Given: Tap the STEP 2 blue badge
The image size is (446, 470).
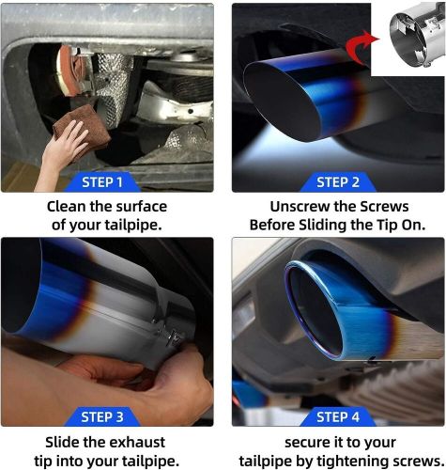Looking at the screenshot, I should tap(339, 181).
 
